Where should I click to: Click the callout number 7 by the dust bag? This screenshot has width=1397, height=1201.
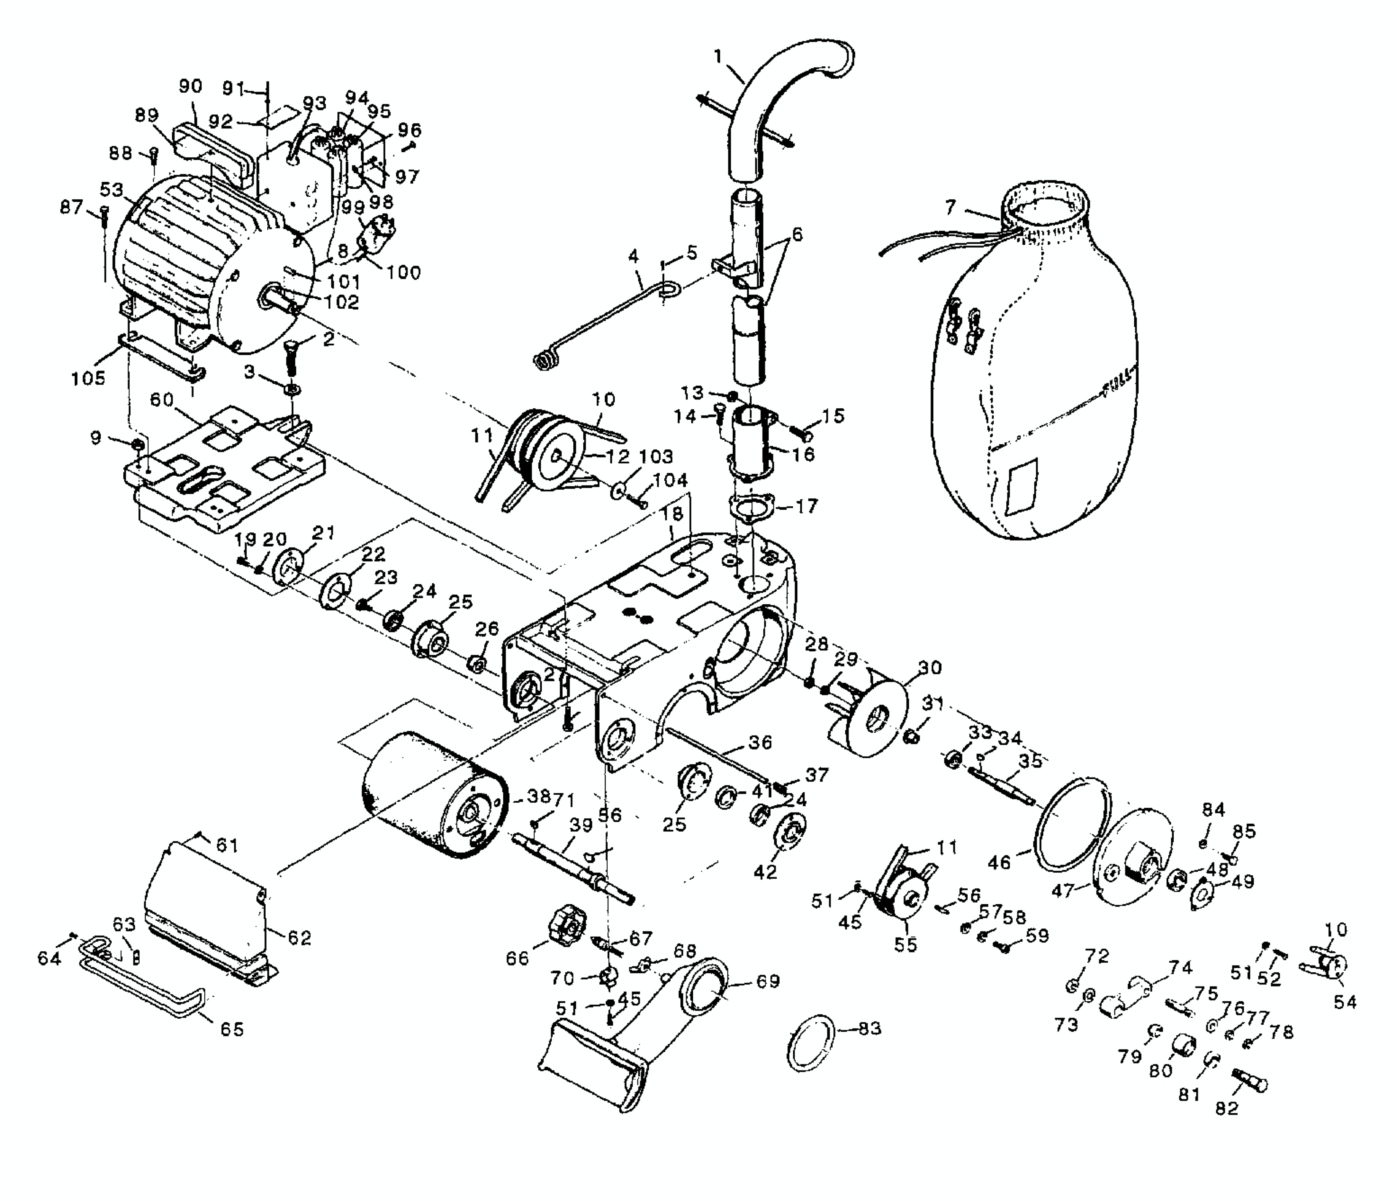950,207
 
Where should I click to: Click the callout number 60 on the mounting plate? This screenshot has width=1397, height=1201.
162,400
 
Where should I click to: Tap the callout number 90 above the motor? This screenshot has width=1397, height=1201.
191,86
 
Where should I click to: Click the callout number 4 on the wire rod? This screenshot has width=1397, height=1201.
632,256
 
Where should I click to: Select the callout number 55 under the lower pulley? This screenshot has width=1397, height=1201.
906,945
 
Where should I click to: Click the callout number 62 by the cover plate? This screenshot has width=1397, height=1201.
300,937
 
